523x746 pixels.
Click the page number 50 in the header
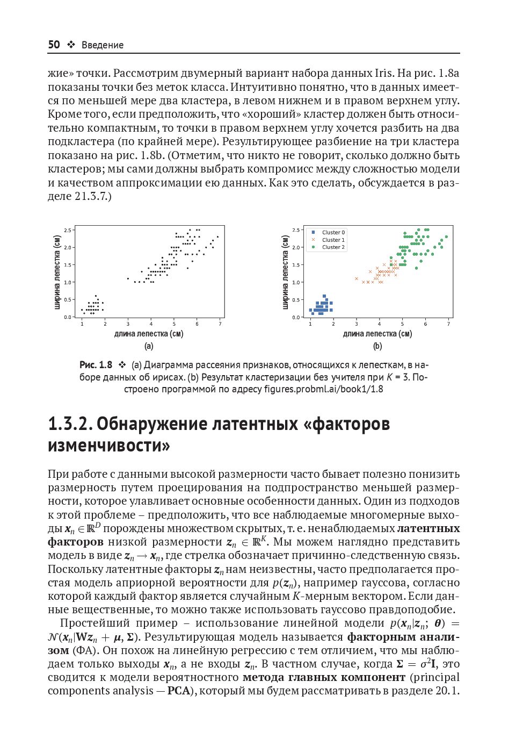pos(54,45)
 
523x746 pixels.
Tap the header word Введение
pos(102,45)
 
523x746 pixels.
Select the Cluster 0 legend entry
pos(333,233)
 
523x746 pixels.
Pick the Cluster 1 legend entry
pos(333,240)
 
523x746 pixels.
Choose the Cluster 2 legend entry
pos(333,247)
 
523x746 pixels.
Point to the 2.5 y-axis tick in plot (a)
pos(68,230)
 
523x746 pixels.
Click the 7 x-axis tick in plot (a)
pos(220,324)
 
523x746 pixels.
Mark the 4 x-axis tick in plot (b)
pos(379,324)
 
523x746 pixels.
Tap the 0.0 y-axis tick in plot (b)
pos(296,317)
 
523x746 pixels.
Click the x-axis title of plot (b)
pos(377,334)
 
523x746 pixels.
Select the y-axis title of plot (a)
pos(57,272)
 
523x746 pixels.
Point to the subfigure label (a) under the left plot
pos(149,346)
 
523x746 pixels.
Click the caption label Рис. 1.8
pos(96,365)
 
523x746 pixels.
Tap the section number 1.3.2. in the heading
pos(70,424)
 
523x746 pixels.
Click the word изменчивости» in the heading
pos(108,446)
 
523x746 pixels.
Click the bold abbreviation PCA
pos(179,691)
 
